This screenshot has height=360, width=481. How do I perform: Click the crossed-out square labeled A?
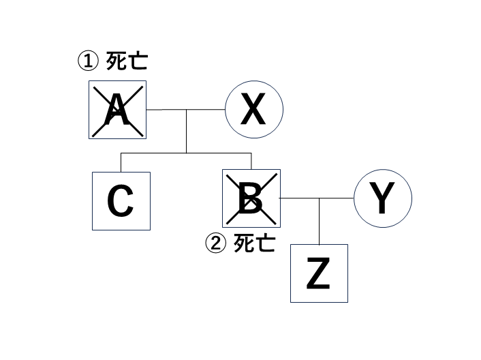pyautogui.click(x=117, y=109)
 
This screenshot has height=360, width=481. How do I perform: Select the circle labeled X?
pyautogui.click(x=254, y=109)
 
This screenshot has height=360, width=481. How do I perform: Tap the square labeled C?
pyautogui.click(x=121, y=200)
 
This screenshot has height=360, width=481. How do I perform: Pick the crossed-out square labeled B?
pyautogui.click(x=251, y=198)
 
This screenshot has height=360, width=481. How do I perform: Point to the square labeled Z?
pyautogui.click(x=319, y=273)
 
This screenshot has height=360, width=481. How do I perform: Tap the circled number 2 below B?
pyautogui.click(x=215, y=243)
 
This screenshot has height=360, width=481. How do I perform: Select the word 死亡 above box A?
pyautogui.click(x=126, y=62)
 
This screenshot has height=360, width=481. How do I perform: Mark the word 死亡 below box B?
pyautogui.click(x=254, y=243)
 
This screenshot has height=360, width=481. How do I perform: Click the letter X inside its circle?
pyautogui.click(x=254, y=110)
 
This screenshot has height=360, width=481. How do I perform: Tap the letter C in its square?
pyautogui.click(x=121, y=201)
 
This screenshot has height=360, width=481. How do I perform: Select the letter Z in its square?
pyautogui.click(x=319, y=273)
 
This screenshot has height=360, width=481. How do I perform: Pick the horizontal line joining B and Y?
pyautogui.click(x=317, y=198)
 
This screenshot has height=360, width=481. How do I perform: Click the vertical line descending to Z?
pyautogui.click(x=320, y=221)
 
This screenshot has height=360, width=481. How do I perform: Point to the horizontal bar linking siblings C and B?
pyautogui.click(x=187, y=153)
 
